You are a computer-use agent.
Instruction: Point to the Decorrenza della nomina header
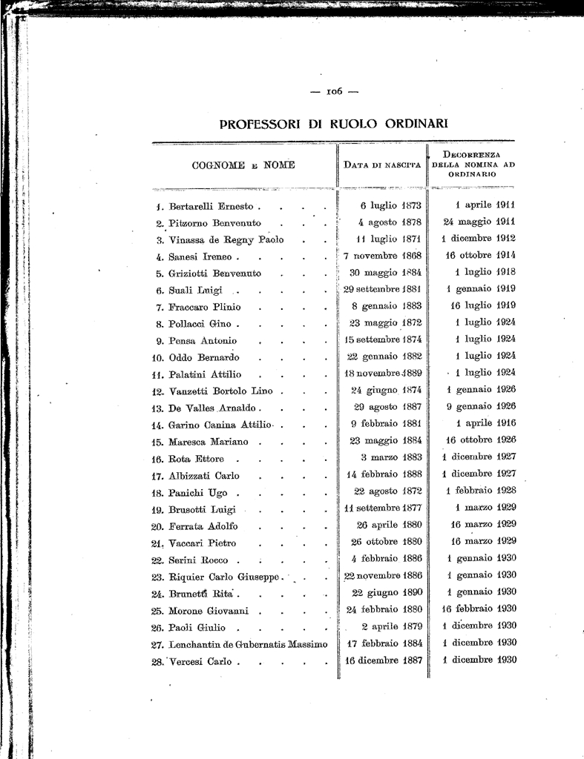(x=473, y=163)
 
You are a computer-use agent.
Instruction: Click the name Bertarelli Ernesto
(x=212, y=206)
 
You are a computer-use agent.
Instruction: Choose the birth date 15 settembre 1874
(x=384, y=339)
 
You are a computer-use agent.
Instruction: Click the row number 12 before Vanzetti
(x=157, y=391)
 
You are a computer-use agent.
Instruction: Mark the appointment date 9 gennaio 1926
(x=481, y=406)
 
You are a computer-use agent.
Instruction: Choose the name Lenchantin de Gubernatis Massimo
(x=248, y=644)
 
